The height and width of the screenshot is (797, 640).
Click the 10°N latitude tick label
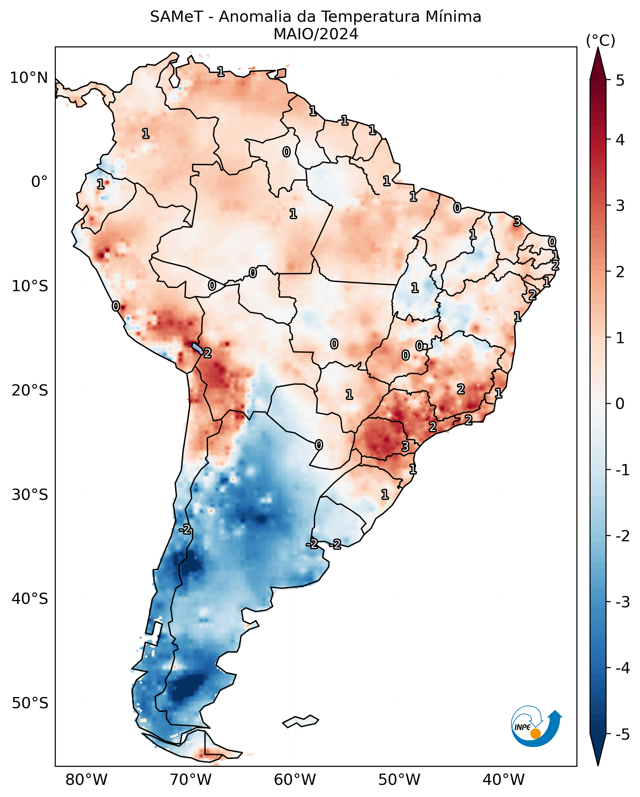[29, 78]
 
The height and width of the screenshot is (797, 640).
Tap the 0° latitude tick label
[40, 182]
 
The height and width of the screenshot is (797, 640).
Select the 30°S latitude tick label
[30, 495]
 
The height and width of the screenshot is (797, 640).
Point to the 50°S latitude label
[30, 703]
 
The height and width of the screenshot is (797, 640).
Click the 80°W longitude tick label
[86, 780]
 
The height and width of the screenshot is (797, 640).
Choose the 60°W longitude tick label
[295, 780]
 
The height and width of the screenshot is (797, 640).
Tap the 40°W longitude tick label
[504, 780]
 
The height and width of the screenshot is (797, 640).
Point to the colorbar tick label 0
[620, 404]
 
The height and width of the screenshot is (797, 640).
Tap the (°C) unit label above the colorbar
[600, 41]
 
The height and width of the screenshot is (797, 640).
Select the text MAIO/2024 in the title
[316, 34]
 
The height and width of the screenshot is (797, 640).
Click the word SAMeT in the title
[176, 17]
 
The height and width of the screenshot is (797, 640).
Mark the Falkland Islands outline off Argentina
[300, 721]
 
